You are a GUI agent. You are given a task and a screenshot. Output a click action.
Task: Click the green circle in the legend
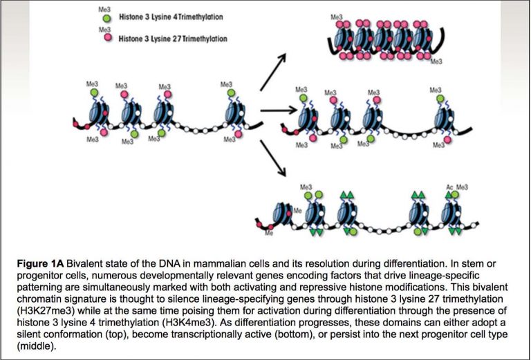click(x=106, y=18)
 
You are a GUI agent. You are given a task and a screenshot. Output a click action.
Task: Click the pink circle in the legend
click(x=106, y=39)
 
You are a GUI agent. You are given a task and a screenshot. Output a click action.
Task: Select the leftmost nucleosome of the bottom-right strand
click(x=283, y=214)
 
